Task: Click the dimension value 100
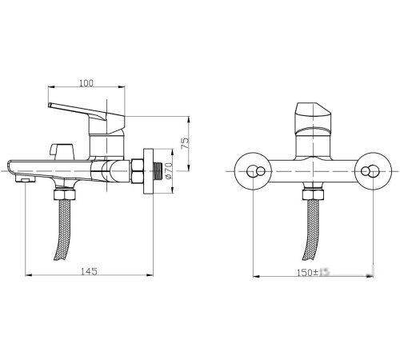[86, 82]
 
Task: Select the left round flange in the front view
[254, 170]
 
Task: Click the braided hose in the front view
[310, 232]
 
